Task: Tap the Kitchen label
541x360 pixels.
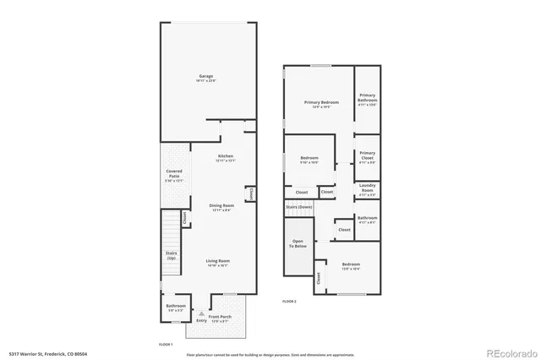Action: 226,156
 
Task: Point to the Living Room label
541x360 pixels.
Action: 218,261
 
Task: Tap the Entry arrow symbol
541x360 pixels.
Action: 201,312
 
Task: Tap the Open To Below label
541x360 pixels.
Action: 298,243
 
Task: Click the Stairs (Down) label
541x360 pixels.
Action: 299,206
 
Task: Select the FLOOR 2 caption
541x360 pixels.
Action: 290,300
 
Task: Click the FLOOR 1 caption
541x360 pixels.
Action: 166,345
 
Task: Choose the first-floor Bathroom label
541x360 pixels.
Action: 175,307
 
